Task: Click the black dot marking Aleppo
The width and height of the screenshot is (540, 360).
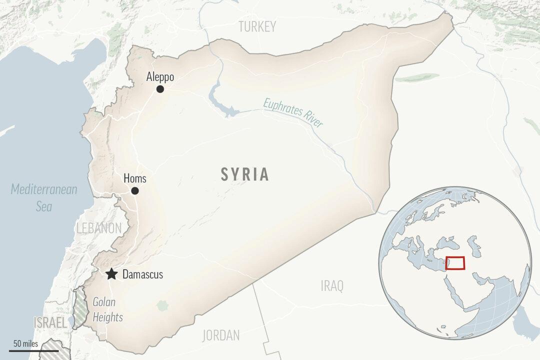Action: point(160,89)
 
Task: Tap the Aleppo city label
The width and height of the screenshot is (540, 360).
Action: point(160,77)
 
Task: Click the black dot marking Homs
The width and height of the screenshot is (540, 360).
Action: point(135,191)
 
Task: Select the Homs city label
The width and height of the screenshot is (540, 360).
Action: point(135,179)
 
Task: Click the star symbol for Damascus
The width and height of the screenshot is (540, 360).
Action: point(111,274)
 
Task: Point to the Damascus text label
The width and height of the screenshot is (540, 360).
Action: point(142,274)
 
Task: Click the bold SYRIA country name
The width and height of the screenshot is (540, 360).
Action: point(245,174)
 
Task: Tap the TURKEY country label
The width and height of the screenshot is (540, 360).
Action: point(257,27)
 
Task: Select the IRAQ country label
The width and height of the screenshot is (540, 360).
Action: point(332,286)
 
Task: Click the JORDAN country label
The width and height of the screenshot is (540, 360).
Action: point(221,335)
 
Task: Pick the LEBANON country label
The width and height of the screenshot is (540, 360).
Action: point(99,228)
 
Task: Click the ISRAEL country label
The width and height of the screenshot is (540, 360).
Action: point(49,323)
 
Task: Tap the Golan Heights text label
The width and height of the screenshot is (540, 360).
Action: point(107,309)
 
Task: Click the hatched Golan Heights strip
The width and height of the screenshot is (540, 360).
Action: point(78,308)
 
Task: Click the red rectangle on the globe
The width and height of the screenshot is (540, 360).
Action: point(454,263)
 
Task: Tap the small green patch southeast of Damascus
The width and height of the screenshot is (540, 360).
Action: point(161,304)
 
